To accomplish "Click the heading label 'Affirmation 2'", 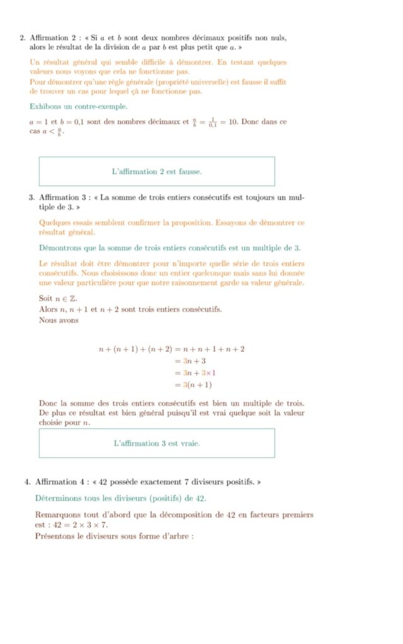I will pyautogui.click(x=52, y=38).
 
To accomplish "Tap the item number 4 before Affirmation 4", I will pyautogui.click(x=27, y=482).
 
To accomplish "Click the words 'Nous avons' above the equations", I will pyautogui.click(x=59, y=320).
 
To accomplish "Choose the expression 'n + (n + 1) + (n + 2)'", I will pyautogui.click(x=135, y=349).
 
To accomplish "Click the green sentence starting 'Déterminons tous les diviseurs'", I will pyautogui.click(x=120, y=498).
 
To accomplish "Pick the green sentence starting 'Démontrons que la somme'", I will pyautogui.click(x=169, y=248).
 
